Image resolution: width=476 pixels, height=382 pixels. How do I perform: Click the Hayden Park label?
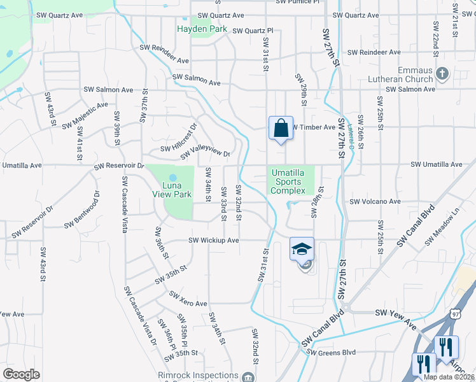tap(202, 29)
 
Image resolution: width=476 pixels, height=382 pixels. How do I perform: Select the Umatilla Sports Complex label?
tap(293, 181)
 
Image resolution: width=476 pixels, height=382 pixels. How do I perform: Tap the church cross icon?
tap(442, 74)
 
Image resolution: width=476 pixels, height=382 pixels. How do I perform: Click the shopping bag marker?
tap(281, 129)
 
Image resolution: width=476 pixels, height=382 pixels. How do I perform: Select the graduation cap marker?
tap(302, 248)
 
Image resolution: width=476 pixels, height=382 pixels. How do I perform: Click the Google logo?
tap(21, 374)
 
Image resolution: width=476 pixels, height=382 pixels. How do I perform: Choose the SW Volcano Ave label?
tap(375, 202)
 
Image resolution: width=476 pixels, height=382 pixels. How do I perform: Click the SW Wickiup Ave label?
tap(213, 241)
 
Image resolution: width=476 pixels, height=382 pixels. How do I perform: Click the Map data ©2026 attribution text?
tap(449, 377)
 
